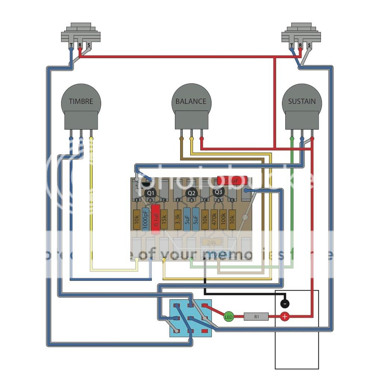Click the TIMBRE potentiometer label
tap(81, 101)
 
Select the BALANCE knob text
tap(191, 101)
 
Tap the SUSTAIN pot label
tap(302, 101)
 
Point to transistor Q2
tap(192, 193)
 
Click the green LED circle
tap(228, 317)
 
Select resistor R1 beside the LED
tap(256, 317)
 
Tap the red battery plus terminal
tap(285, 317)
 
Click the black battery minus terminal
tap(285, 303)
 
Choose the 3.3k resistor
tap(178, 220)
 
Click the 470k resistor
tap(214, 220)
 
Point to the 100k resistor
tap(223, 220)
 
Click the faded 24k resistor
tap(212, 242)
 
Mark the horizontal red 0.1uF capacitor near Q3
tap(229, 181)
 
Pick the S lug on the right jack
tap(309, 45)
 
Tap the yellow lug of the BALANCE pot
tap(192, 138)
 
